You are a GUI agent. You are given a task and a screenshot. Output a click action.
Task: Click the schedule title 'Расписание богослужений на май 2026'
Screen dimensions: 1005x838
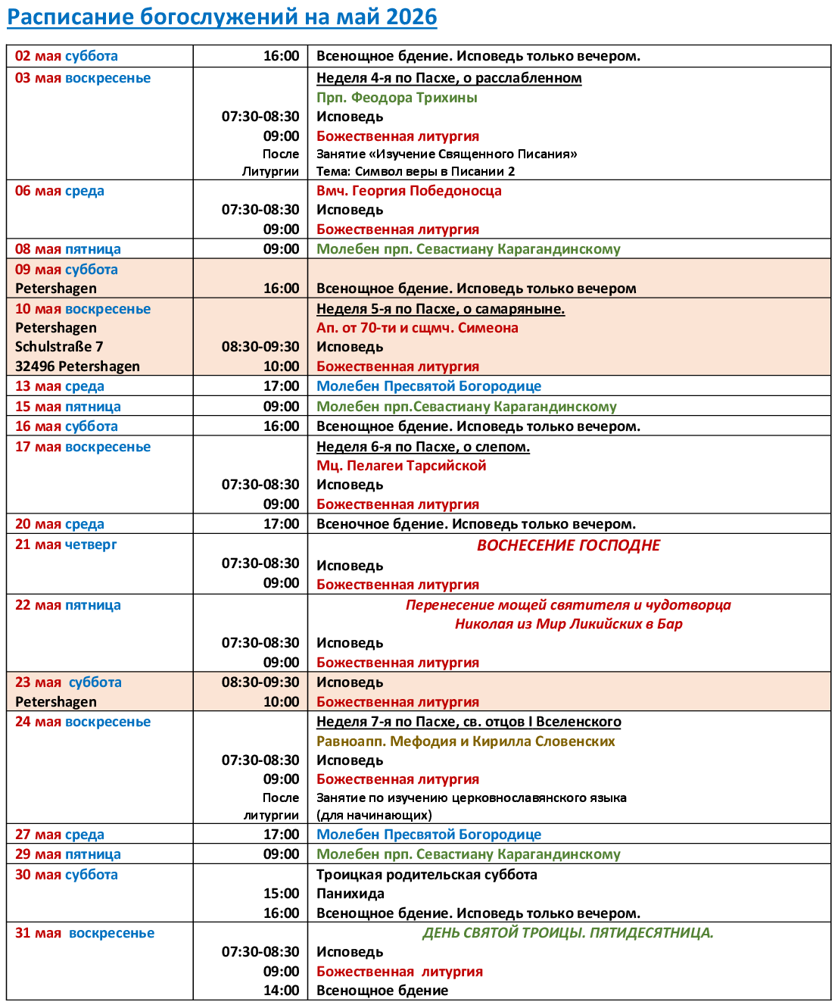[x=222, y=17]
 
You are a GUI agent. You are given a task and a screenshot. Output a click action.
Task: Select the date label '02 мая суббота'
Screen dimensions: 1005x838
[x=67, y=56]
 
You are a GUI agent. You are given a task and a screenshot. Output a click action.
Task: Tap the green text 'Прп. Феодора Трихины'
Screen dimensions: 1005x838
[x=397, y=98]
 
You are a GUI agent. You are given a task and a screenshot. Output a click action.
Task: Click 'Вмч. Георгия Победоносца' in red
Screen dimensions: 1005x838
[x=409, y=191]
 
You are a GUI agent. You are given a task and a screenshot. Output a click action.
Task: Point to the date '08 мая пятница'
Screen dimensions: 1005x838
[x=68, y=249]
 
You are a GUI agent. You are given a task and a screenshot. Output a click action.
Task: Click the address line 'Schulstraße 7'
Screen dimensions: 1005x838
[x=59, y=347]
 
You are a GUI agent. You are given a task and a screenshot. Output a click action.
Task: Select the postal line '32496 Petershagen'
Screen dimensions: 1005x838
[x=77, y=367]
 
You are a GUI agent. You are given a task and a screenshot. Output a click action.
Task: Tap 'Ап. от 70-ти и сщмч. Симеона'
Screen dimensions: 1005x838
[x=417, y=328]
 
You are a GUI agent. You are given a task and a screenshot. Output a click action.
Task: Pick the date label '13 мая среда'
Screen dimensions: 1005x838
[x=60, y=386]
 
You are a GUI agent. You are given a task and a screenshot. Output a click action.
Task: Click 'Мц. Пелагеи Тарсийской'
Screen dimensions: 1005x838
[x=401, y=466]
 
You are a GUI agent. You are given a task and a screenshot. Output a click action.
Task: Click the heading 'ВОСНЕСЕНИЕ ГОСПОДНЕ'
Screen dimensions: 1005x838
[x=569, y=545]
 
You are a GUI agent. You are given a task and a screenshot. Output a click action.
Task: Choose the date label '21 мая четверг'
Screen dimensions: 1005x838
[x=66, y=545]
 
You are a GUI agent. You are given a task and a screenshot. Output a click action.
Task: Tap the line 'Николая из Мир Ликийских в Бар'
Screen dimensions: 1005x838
[x=569, y=624]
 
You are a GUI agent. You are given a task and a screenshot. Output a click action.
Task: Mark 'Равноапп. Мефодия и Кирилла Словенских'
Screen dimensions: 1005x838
[x=466, y=741]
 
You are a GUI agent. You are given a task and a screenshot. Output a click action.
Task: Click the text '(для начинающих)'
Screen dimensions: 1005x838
[x=374, y=815]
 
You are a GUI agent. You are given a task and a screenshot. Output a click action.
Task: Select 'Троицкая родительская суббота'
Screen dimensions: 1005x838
[x=427, y=875]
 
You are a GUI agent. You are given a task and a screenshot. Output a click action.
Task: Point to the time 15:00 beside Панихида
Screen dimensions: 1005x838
[x=282, y=894]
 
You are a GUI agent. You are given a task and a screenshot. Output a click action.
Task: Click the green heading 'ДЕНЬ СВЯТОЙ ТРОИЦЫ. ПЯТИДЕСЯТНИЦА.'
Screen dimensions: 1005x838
[x=568, y=933]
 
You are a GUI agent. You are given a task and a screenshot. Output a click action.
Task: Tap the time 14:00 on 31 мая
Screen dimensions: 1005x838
[x=282, y=991]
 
